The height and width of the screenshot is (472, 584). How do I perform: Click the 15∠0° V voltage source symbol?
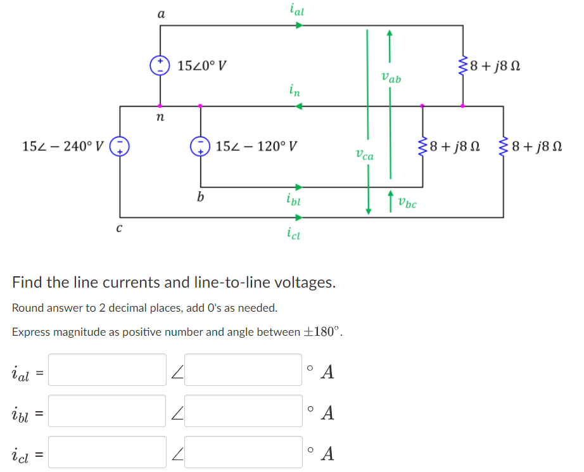click(x=159, y=65)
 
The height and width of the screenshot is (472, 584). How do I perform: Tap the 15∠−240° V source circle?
click(x=120, y=147)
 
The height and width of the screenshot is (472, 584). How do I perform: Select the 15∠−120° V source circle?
click(x=201, y=147)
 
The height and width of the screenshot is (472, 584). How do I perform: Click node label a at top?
click(x=160, y=13)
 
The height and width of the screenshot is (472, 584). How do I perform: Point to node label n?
click(x=160, y=118)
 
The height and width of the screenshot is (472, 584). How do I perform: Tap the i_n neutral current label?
click(x=295, y=91)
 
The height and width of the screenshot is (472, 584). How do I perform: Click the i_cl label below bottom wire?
click(x=294, y=234)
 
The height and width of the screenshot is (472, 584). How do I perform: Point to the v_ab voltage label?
click(x=391, y=78)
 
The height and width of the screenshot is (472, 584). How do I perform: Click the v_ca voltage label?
click(x=364, y=153)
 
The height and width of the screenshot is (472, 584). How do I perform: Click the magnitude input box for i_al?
click(x=107, y=370)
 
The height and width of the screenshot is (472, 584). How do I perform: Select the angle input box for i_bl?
click(x=243, y=411)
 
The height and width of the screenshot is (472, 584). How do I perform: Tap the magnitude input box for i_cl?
click(x=107, y=452)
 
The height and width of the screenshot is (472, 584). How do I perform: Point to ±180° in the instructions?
click(x=323, y=331)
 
